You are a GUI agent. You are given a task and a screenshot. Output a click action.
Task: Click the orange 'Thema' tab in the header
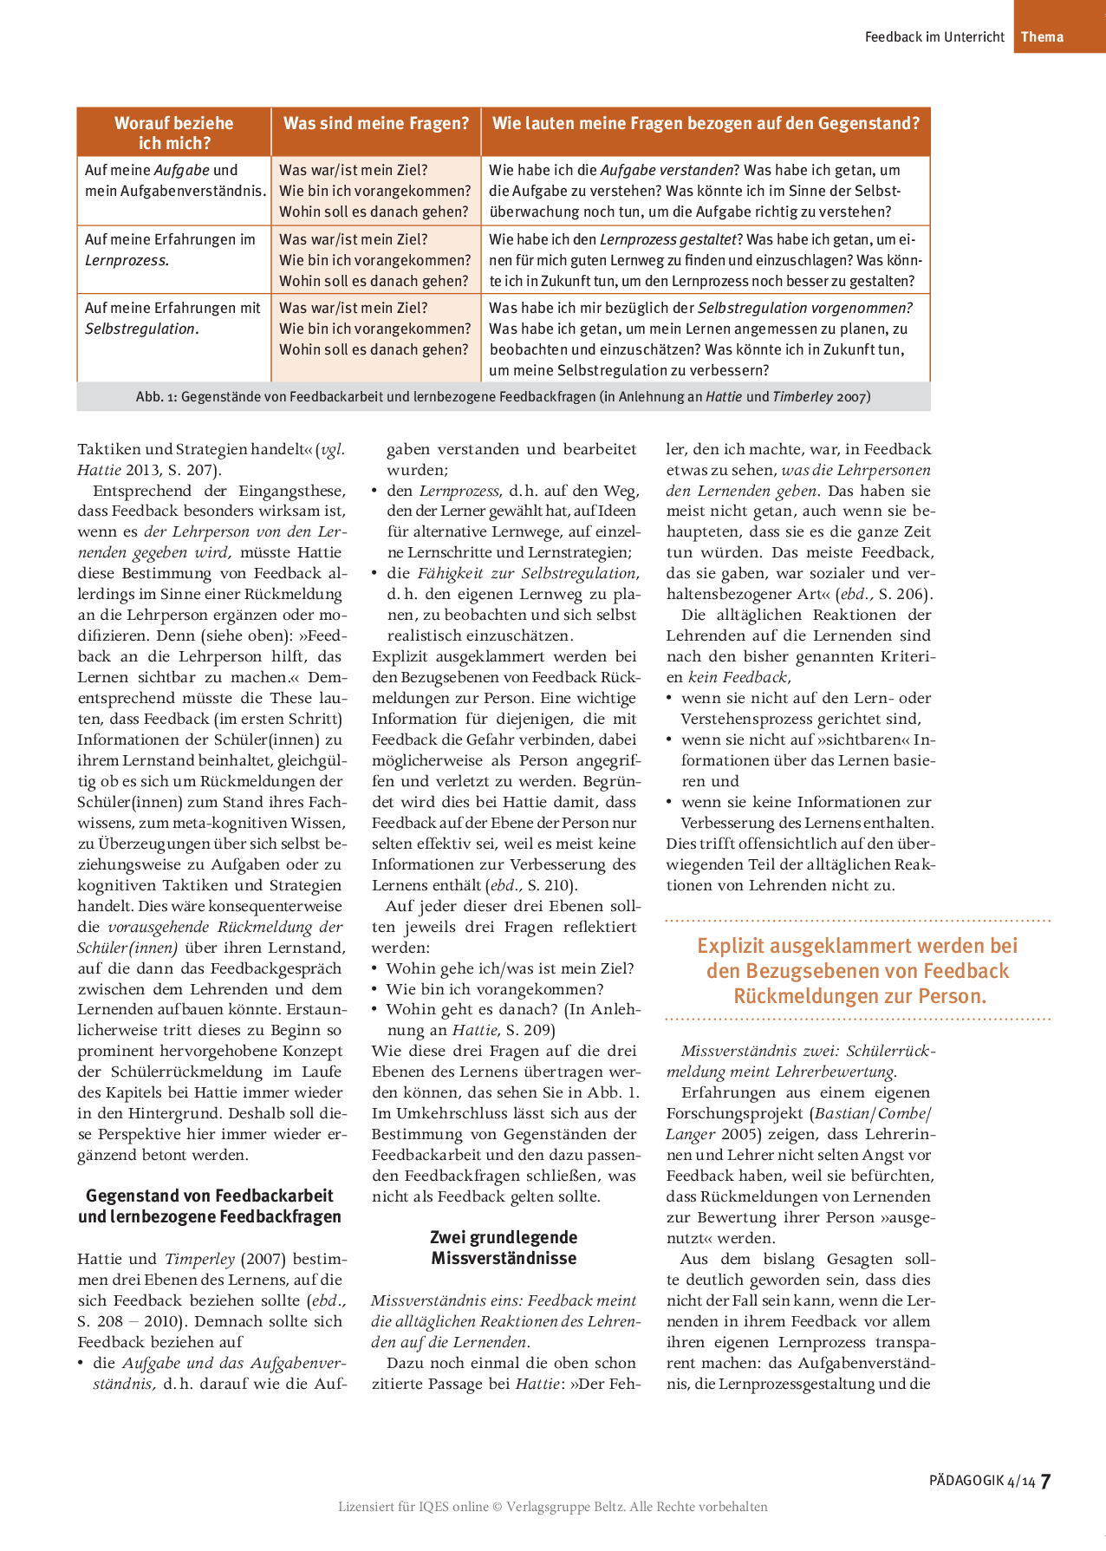click(1042, 36)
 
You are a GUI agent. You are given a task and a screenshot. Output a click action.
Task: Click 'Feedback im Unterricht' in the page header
click(934, 36)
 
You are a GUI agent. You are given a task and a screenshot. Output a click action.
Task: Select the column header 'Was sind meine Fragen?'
click(375, 124)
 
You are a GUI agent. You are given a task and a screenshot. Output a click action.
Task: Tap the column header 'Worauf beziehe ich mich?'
click(174, 133)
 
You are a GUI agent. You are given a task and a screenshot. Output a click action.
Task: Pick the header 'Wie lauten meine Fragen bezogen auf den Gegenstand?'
click(706, 123)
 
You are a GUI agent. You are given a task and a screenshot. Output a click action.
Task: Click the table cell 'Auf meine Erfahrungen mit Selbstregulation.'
click(172, 318)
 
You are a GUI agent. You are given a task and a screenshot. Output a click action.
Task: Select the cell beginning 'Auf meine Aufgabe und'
click(173, 180)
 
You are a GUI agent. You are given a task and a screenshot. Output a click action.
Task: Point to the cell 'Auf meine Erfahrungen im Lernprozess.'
click(170, 250)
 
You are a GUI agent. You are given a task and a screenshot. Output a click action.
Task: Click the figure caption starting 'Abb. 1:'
click(503, 397)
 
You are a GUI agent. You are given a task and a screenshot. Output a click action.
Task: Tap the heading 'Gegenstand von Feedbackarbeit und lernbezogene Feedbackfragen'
click(210, 1206)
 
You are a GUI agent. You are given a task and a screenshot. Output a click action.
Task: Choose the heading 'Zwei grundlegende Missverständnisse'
click(504, 1248)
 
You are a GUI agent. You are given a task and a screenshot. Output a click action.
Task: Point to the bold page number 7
click(1045, 1481)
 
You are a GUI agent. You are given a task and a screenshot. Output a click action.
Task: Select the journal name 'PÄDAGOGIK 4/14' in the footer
click(981, 1481)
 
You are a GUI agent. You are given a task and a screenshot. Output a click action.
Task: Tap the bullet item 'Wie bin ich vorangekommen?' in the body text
click(494, 989)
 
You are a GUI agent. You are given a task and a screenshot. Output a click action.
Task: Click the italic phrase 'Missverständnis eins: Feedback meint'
click(504, 1300)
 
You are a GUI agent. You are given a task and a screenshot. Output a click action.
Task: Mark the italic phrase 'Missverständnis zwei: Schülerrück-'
click(808, 1051)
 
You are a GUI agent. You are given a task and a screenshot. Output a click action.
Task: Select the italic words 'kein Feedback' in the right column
click(738, 677)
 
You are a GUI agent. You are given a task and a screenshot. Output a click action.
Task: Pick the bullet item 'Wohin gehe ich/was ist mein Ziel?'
click(510, 968)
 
